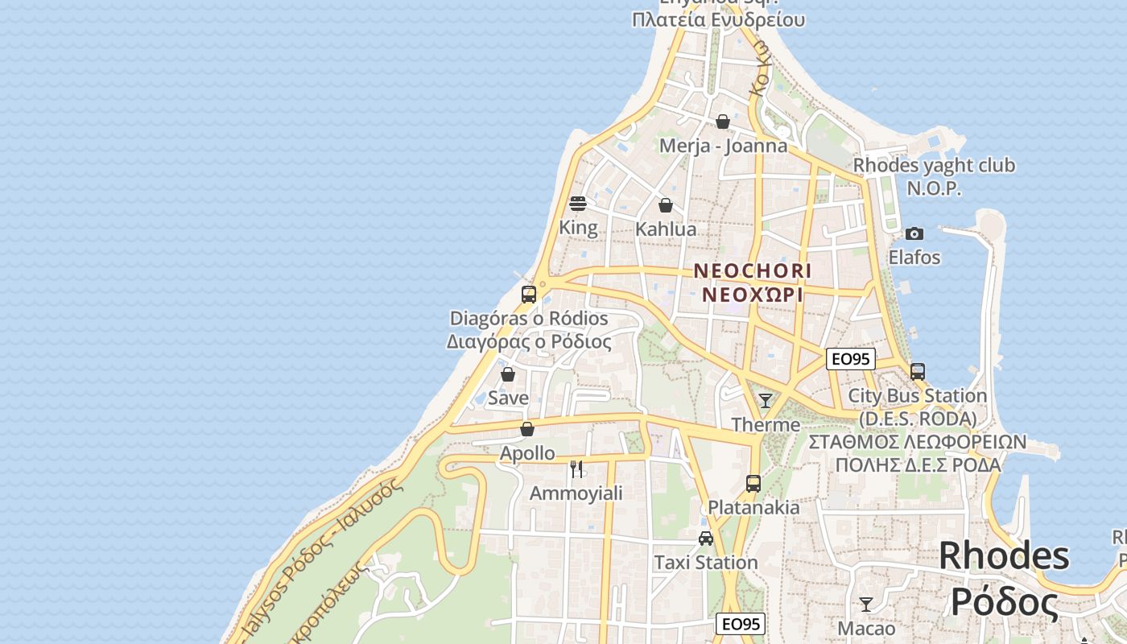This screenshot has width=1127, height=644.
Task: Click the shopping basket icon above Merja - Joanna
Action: pyautogui.click(x=723, y=122)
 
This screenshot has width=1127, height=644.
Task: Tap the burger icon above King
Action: pyautogui.click(x=578, y=204)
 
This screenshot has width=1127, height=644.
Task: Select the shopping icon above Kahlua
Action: pyautogui.click(x=666, y=205)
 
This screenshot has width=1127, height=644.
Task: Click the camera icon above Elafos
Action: pyautogui.click(x=914, y=233)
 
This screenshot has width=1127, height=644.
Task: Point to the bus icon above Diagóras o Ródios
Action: pyautogui.click(x=529, y=294)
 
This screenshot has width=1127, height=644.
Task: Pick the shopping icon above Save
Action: pyautogui.click(x=508, y=374)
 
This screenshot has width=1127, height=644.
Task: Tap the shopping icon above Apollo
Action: pyautogui.click(x=527, y=429)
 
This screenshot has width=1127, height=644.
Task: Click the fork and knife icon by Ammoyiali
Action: pyautogui.click(x=576, y=469)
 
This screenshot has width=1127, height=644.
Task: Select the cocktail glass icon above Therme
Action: pyautogui.click(x=766, y=400)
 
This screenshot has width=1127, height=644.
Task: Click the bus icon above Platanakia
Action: pyautogui.click(x=753, y=484)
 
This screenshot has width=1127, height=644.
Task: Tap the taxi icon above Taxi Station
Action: pyautogui.click(x=706, y=539)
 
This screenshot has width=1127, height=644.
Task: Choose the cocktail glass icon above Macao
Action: pyautogui.click(x=866, y=605)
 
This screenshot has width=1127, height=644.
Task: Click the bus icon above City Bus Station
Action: pyautogui.click(x=918, y=372)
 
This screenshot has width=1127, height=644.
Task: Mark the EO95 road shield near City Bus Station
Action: pyautogui.click(x=851, y=359)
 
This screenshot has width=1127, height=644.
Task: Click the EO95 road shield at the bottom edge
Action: pyautogui.click(x=741, y=624)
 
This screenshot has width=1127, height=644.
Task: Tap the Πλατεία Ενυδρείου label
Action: pyautogui.click(x=719, y=19)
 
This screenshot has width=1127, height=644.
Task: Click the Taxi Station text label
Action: pyautogui.click(x=706, y=562)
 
